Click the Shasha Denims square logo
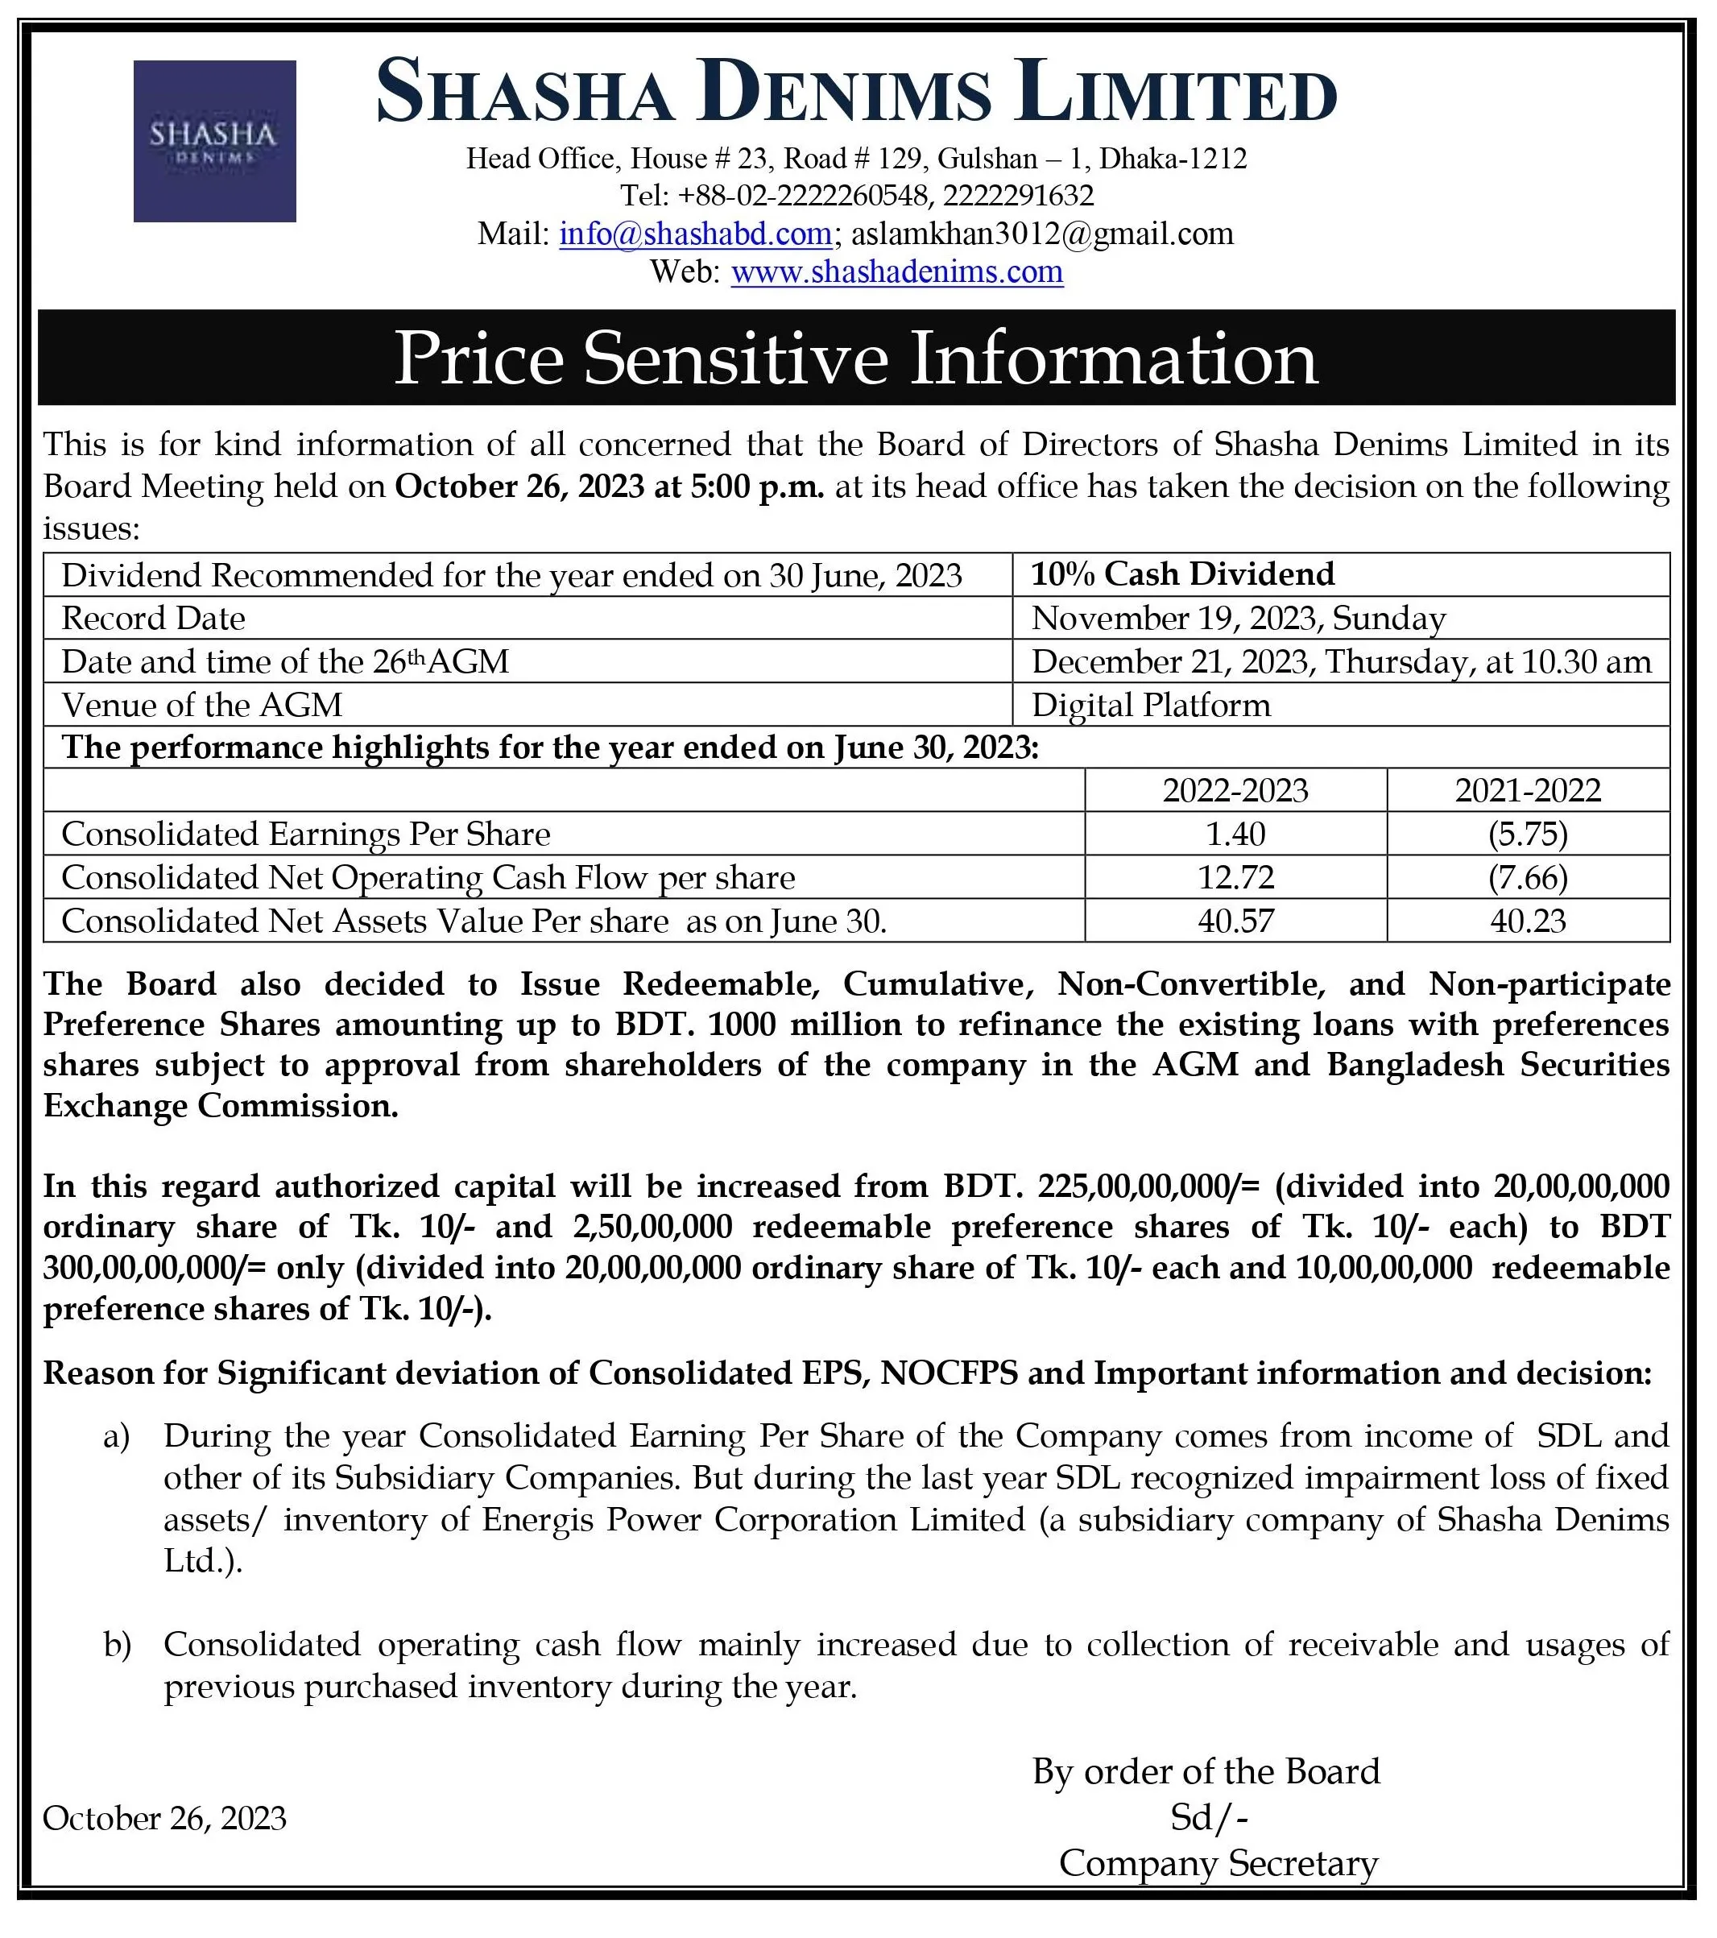coord(214,141)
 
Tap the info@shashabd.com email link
coord(695,234)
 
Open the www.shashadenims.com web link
coord(896,272)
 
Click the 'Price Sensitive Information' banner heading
coord(855,358)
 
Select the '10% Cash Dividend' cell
coord(1182,574)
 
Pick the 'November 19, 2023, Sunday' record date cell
coord(1238,618)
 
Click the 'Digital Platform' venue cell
coord(1150,706)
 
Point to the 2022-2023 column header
coord(1235,791)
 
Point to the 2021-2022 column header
coord(1528,791)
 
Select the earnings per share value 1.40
coord(1235,834)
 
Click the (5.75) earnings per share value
coord(1528,834)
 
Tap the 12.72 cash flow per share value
coord(1235,878)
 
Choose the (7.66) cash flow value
coord(1528,878)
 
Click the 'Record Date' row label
coord(154,618)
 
